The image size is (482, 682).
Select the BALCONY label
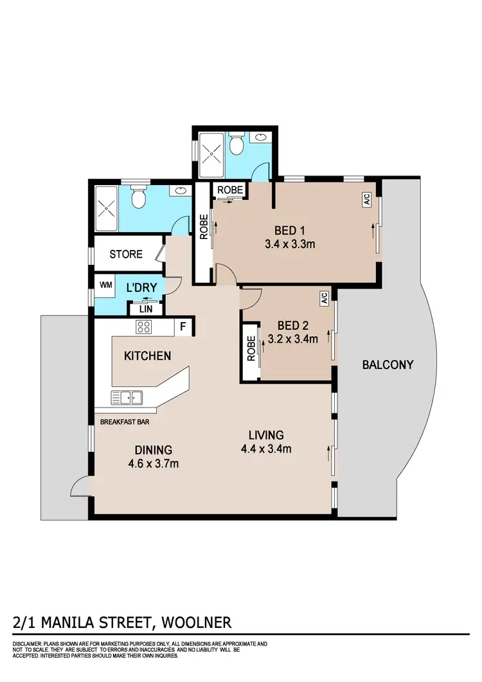[388, 364]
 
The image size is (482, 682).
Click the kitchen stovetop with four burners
[143, 327]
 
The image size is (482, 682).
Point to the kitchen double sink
[127, 397]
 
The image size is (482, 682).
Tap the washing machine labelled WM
[105, 284]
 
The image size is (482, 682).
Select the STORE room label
[126, 254]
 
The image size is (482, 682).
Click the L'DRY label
[138, 287]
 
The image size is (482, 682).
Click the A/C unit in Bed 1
[367, 201]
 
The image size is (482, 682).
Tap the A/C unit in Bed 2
[324, 298]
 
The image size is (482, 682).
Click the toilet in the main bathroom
[139, 199]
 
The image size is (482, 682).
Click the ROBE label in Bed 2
[251, 350]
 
